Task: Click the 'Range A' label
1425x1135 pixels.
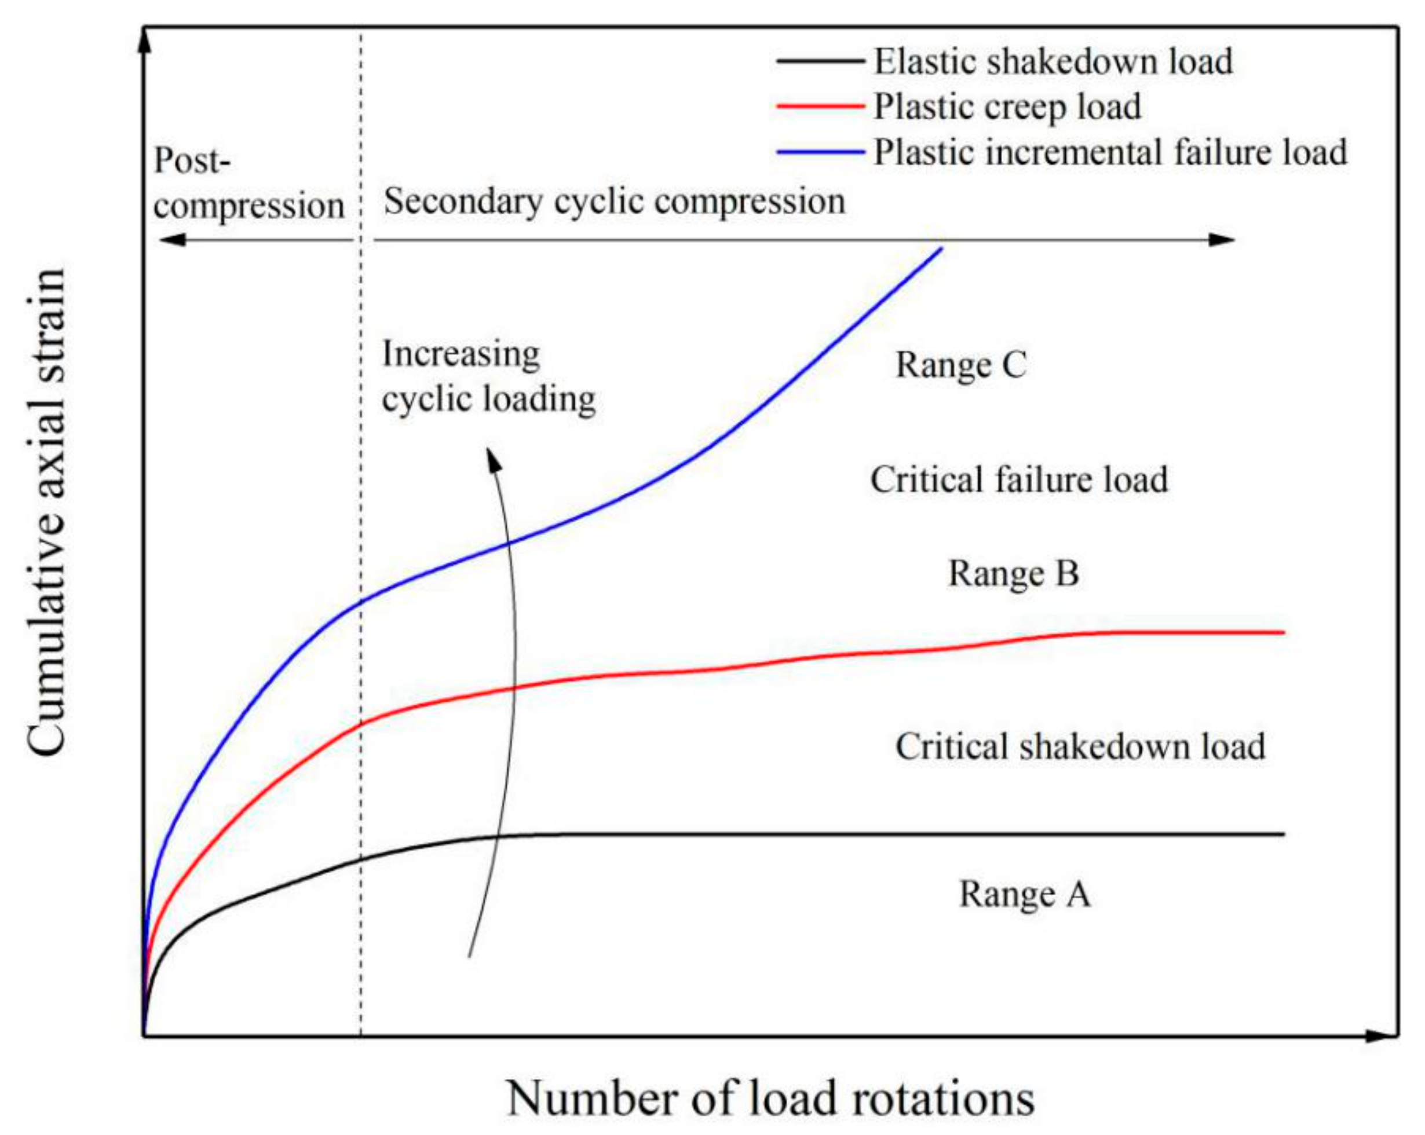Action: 1025,895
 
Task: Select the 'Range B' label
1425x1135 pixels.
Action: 1014,573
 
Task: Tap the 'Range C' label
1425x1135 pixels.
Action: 961,365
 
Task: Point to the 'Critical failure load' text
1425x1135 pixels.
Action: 1019,479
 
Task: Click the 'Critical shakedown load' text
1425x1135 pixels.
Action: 1080,746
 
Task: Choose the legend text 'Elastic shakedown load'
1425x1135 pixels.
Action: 1054,62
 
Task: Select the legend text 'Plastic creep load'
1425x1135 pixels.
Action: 1007,107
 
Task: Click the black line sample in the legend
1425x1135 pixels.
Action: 821,61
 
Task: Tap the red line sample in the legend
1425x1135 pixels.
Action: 821,107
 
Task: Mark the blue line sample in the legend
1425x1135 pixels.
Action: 821,152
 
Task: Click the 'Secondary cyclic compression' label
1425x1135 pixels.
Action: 615,202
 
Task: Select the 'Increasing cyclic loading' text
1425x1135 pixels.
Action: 488,376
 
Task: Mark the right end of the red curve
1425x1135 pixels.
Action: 1282,632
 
